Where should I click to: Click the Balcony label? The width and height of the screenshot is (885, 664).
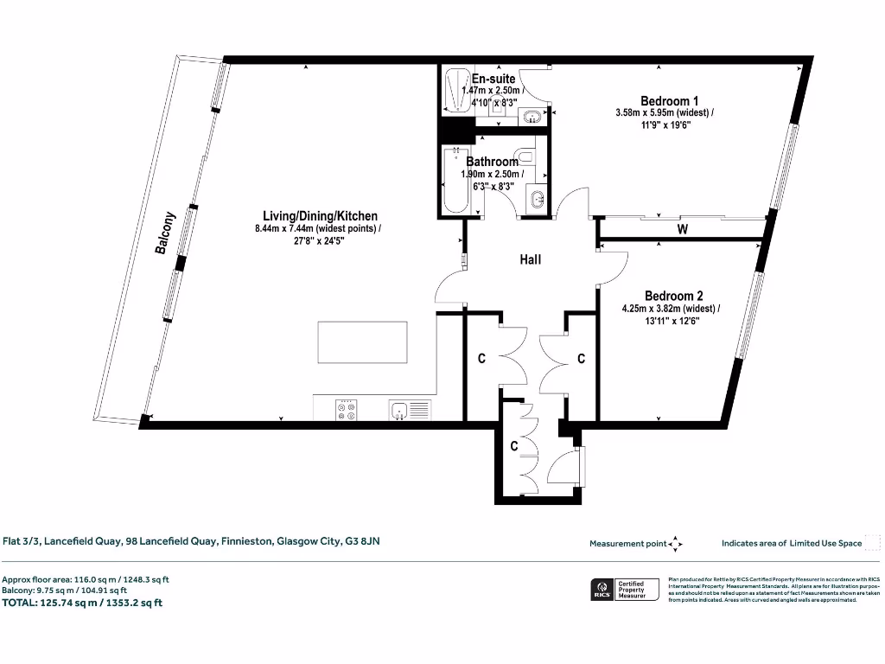click(x=165, y=233)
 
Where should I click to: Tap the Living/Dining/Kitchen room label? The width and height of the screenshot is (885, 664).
click(x=320, y=216)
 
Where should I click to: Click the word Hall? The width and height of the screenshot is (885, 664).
click(x=530, y=259)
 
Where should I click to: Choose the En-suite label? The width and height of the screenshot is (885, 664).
click(x=493, y=79)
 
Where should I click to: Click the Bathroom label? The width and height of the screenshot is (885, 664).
click(x=492, y=162)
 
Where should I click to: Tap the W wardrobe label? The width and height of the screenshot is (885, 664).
click(x=682, y=230)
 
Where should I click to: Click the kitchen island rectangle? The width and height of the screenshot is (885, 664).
click(x=362, y=343)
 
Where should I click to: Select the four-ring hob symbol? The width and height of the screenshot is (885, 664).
click(x=347, y=410)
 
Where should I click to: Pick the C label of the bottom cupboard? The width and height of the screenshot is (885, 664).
click(x=513, y=446)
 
